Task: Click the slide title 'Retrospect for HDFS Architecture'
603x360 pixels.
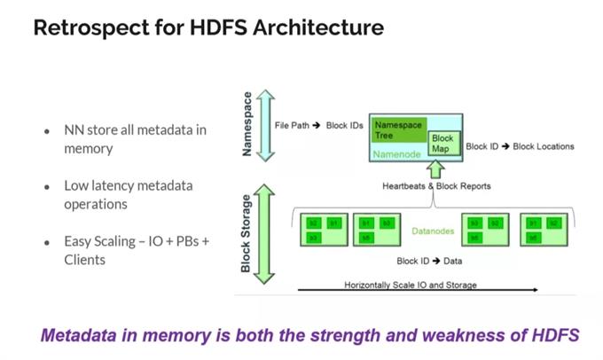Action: pos(208,27)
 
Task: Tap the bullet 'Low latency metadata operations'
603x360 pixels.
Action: pos(128,194)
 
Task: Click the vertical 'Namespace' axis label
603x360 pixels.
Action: pos(248,124)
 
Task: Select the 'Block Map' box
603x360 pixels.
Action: pos(441,144)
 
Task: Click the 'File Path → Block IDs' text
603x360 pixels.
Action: pos(318,126)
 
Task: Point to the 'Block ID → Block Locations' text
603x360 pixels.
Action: pos(520,146)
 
